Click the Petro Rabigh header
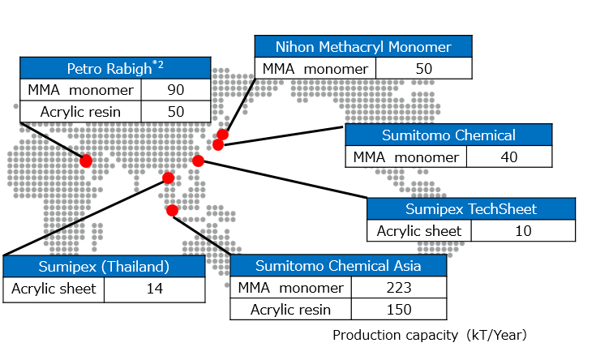pyautogui.click(x=115, y=68)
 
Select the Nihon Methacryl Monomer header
pyautogui.click(x=362, y=47)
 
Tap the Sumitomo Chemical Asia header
pyautogui.click(x=338, y=266)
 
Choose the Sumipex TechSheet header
pyautogui.click(x=471, y=209)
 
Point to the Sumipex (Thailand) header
pyautogui.click(x=104, y=267)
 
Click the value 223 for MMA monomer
pyautogui.click(x=399, y=288)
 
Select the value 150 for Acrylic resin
pyautogui.click(x=399, y=309)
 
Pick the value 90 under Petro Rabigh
pyautogui.click(x=175, y=90)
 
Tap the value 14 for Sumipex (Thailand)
pyautogui.click(x=153, y=289)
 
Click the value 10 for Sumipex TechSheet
pyautogui.click(x=523, y=231)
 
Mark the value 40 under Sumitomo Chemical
pyautogui.click(x=509, y=157)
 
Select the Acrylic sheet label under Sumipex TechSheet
pyautogui.click(x=419, y=231)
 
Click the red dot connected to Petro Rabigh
pyautogui.click(x=86, y=161)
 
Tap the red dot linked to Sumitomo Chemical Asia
pyautogui.click(x=172, y=211)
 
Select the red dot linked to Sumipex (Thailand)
pyautogui.click(x=169, y=178)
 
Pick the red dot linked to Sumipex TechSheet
pyautogui.click(x=198, y=161)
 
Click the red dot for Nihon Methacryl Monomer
pyautogui.click(x=222, y=135)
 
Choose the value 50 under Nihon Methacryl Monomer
pyautogui.click(x=424, y=68)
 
